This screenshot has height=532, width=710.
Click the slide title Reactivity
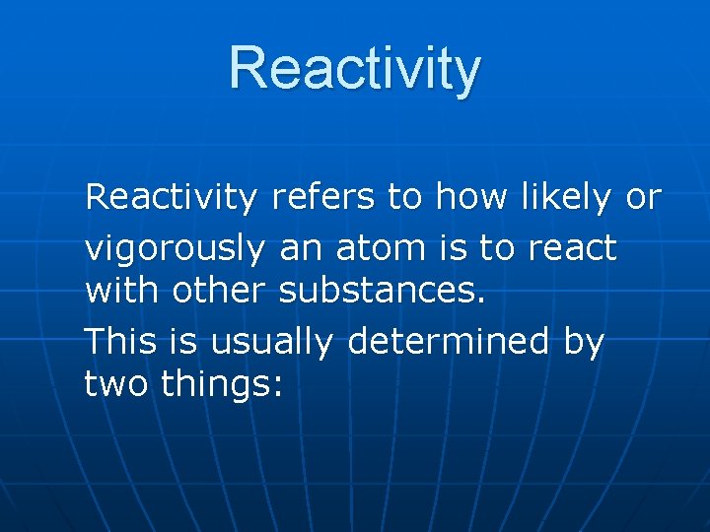[355, 69]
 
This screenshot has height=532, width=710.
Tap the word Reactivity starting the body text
[170, 198]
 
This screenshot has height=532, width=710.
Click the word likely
[565, 198]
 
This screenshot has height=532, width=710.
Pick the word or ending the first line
[643, 198]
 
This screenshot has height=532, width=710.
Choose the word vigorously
[175, 248]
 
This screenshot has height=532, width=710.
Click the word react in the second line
[572, 248]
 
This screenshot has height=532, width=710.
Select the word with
[122, 293]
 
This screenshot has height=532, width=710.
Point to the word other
[221, 293]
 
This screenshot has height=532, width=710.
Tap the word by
[583, 343]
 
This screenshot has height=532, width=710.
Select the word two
[116, 384]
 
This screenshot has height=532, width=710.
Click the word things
[218, 385]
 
